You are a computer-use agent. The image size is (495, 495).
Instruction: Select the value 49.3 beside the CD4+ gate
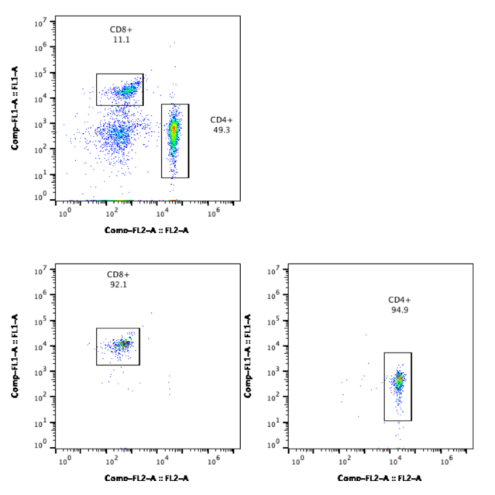point(221,131)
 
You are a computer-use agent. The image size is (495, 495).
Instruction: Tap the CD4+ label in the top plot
point(221,119)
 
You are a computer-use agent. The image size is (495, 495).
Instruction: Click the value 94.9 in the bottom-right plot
point(399,309)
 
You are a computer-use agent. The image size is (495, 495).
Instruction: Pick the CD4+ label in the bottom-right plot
point(399,298)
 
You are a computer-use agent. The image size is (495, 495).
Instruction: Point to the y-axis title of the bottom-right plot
point(248,356)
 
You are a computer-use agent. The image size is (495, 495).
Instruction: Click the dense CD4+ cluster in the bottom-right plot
point(398,381)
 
